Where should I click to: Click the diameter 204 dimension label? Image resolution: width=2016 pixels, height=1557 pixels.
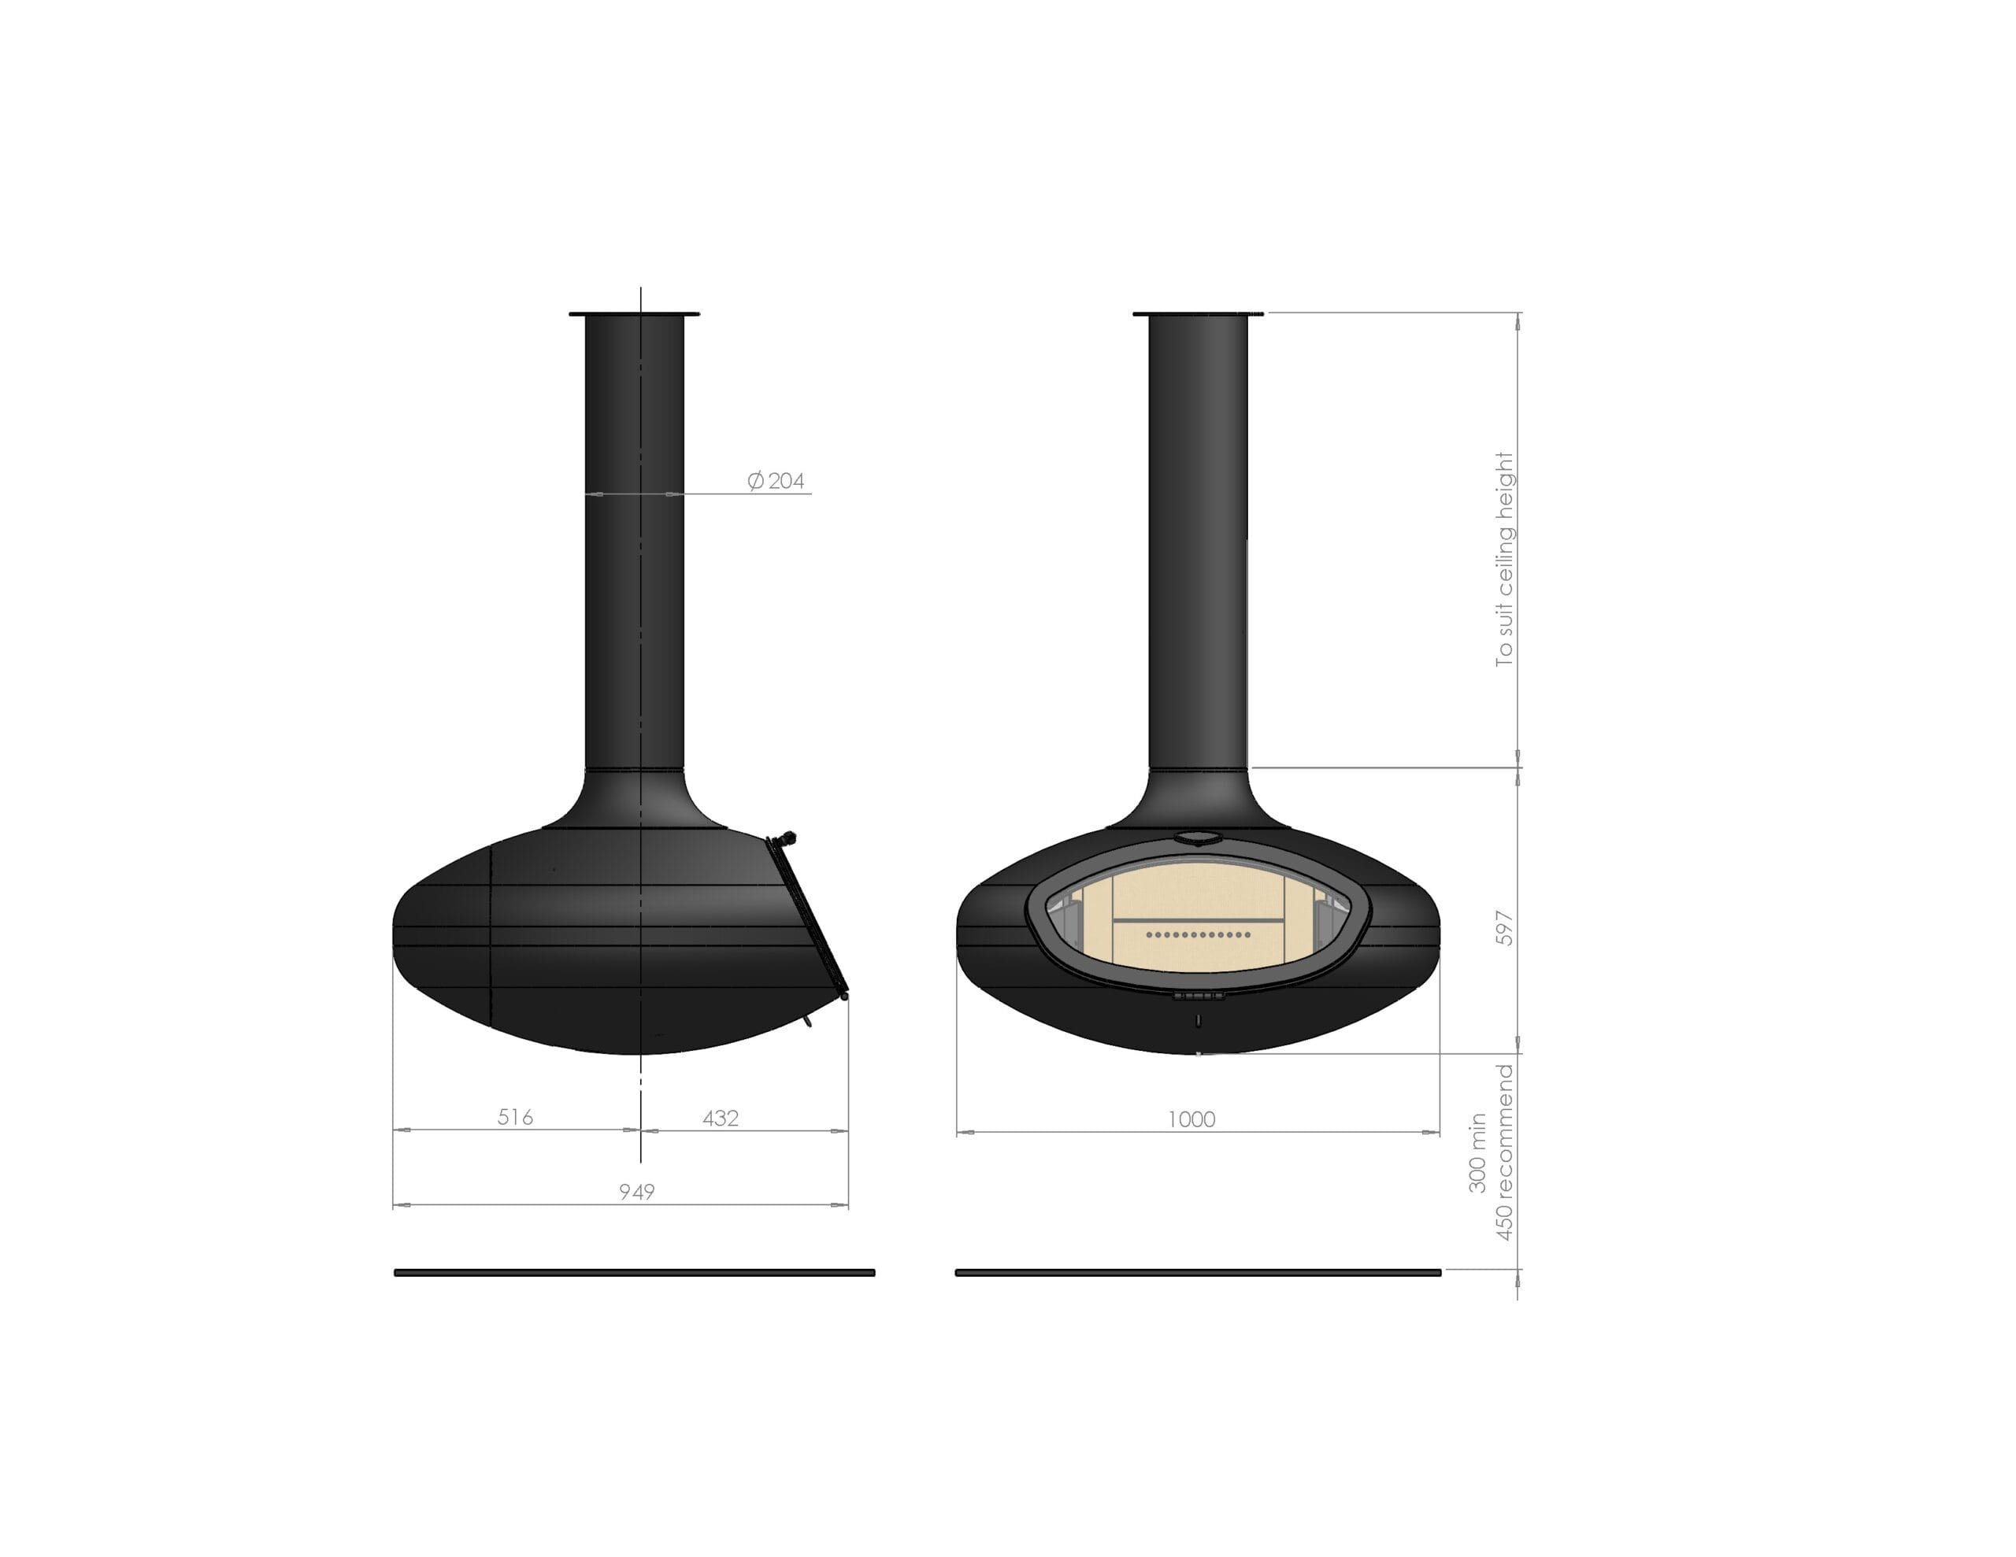pos(776,481)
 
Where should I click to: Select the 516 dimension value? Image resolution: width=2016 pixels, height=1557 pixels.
pos(515,1117)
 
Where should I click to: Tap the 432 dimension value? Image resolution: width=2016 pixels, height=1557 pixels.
pos(720,1118)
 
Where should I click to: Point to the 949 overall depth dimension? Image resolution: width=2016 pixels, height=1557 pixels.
pos(636,1192)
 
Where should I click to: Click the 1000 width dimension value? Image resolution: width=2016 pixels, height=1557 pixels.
pos(1191,1119)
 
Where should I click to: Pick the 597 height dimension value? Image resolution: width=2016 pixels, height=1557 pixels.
pos(1505,927)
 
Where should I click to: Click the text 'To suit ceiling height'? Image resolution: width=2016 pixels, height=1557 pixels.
pos(1505,560)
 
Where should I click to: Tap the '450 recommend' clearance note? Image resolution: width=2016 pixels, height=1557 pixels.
pos(1505,1152)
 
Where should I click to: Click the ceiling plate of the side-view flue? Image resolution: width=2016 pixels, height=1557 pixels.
pos(634,315)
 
